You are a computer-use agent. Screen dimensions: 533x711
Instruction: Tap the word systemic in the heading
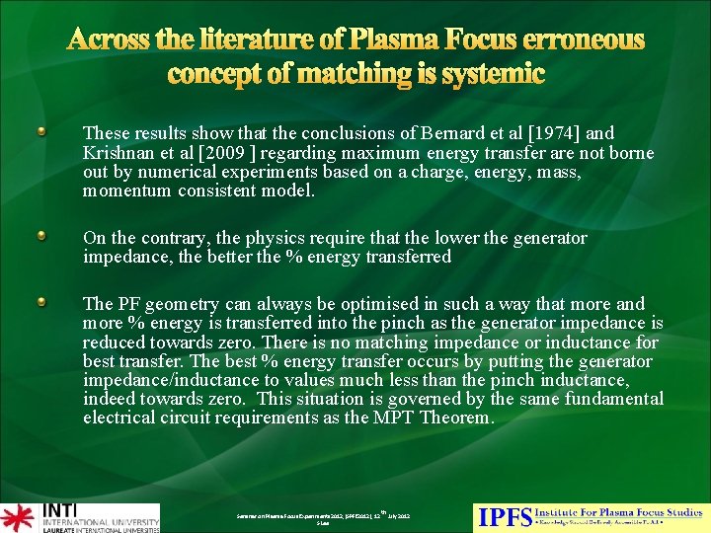tap(484, 74)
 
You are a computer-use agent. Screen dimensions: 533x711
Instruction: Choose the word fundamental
tap(611, 399)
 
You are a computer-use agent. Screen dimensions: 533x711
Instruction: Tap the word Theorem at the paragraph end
tap(456, 418)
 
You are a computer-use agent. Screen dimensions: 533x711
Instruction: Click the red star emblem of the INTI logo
tap(17, 516)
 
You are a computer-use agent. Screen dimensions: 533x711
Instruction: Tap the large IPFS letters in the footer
tap(504, 515)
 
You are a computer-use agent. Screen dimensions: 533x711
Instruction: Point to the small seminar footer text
tap(323, 517)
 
